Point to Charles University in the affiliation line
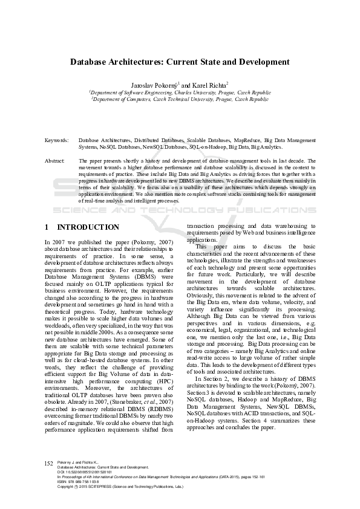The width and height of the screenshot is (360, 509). (192, 92)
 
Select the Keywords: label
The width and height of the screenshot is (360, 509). (57, 140)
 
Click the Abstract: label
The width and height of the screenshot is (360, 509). (55, 161)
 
